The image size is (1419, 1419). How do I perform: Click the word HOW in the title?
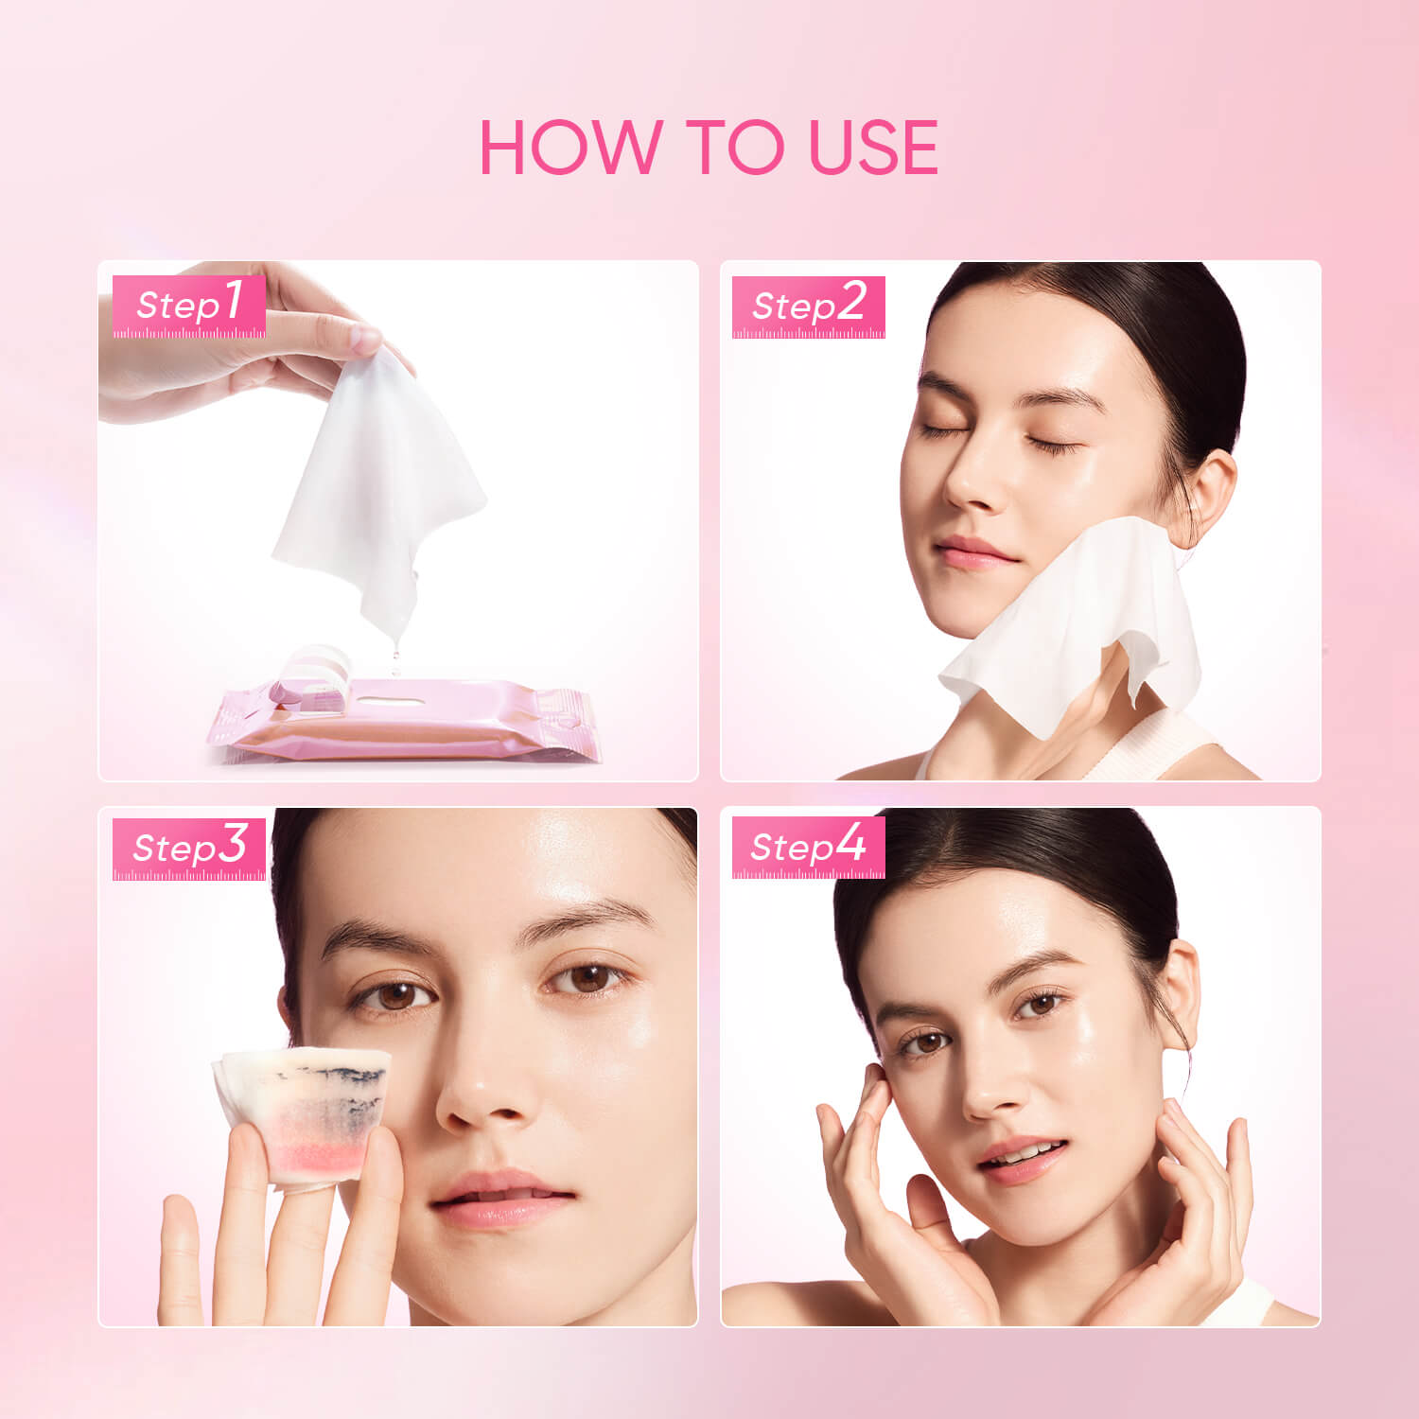(x=569, y=148)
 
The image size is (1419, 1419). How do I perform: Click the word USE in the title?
(x=872, y=148)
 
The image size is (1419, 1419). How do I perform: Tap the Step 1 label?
(x=189, y=306)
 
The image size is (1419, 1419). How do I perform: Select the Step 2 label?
(x=808, y=306)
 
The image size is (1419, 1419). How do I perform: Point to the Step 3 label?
(x=189, y=848)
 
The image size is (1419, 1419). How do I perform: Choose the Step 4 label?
(x=808, y=847)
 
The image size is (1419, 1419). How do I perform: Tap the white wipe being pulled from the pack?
(x=378, y=482)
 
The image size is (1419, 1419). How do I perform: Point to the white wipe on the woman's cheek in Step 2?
(x=1069, y=624)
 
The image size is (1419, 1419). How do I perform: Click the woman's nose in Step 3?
(x=482, y=1097)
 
